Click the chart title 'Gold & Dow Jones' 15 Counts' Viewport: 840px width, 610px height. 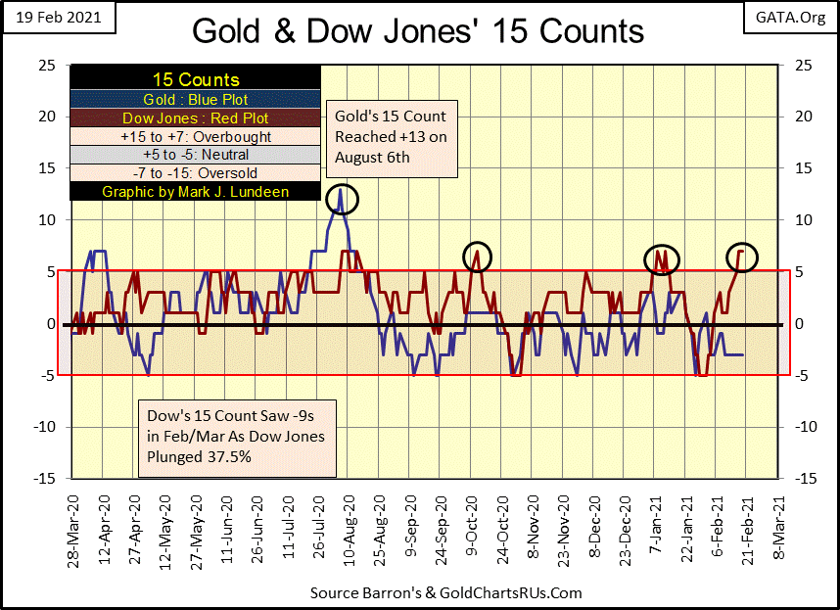pos(418,30)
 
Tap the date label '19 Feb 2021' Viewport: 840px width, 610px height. pos(58,19)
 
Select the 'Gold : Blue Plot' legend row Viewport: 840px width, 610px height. pos(196,99)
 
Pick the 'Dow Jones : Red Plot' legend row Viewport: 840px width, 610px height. pos(196,117)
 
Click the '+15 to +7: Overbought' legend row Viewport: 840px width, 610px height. pos(196,136)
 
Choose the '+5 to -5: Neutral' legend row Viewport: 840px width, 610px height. pos(196,155)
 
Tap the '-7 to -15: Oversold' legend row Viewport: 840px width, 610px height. pos(196,173)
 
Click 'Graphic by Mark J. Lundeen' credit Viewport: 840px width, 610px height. pos(196,192)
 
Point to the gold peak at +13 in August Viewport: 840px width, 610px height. pos(341,189)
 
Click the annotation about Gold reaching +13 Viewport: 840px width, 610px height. pos(392,136)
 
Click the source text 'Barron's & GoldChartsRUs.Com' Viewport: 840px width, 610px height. pos(445,593)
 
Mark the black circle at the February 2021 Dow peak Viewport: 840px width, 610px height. pos(741,255)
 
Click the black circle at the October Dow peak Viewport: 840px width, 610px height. pos(477,255)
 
